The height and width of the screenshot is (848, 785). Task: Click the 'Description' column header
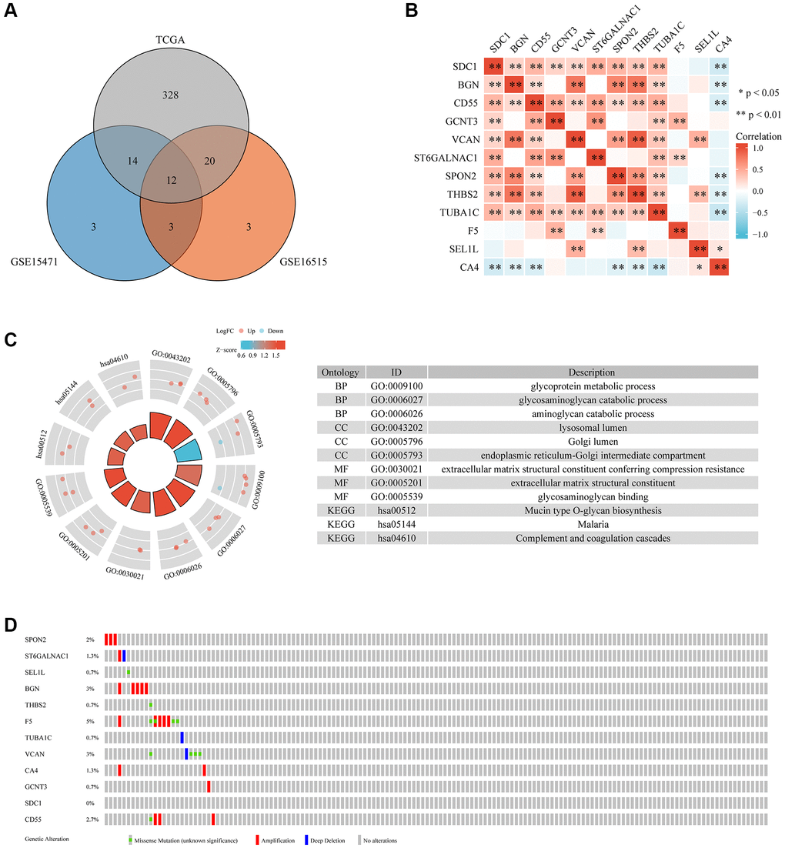pos(593,372)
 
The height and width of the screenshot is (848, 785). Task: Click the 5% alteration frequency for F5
pos(90,720)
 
